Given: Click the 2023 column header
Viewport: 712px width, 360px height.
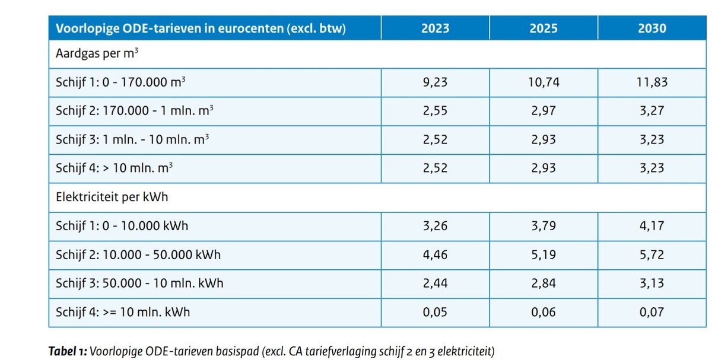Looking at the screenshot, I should point(435,28).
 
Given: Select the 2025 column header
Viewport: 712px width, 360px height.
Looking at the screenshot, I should point(543,28).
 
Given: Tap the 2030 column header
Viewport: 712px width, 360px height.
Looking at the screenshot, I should point(652,28).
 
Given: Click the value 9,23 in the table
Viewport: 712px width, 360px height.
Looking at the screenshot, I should point(435,82).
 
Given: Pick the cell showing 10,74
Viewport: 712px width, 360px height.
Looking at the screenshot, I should point(543,82).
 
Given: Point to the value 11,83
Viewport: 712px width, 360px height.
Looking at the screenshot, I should point(652,82).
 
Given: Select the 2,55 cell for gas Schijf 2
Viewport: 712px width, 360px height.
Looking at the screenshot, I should point(435,111).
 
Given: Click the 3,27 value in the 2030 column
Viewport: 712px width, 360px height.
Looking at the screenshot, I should point(652,111).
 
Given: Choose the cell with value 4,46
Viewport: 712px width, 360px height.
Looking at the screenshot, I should point(435,254).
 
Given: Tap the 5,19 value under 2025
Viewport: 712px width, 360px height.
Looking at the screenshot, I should point(543,254).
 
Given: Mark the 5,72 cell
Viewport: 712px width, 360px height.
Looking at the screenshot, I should point(652,254).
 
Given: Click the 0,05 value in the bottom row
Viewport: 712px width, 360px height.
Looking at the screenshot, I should point(435,312).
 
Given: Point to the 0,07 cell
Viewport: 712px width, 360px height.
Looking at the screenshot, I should point(652,312).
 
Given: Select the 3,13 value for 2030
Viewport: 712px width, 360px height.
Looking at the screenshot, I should point(652,283).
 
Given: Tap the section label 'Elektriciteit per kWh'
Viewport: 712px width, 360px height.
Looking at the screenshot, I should point(111,197).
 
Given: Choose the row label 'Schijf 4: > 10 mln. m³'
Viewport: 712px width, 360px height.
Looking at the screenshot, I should point(114,168).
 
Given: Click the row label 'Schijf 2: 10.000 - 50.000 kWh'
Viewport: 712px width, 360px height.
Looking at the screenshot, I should point(138,254).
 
